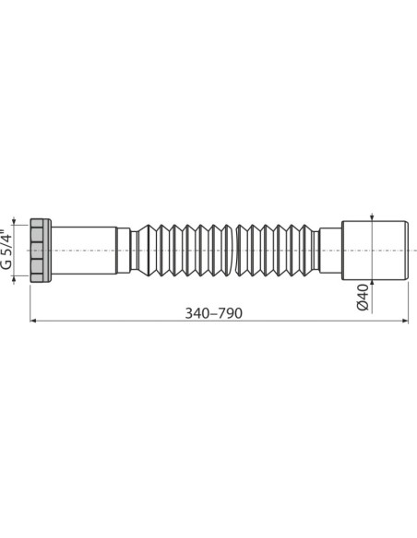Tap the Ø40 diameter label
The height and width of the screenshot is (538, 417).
point(363,297)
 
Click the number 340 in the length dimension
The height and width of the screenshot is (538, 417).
point(197,313)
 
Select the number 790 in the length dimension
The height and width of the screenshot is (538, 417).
point(230,313)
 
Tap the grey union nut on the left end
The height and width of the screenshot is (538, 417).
point(40,251)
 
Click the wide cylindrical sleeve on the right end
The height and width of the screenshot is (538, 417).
point(375,251)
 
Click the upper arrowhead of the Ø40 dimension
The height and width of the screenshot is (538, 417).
point(371,221)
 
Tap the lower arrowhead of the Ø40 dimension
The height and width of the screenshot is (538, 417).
point(371,280)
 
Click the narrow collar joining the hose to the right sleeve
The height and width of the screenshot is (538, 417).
point(316,251)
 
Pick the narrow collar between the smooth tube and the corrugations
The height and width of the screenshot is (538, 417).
point(134,251)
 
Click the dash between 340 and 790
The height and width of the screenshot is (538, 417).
point(214,313)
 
